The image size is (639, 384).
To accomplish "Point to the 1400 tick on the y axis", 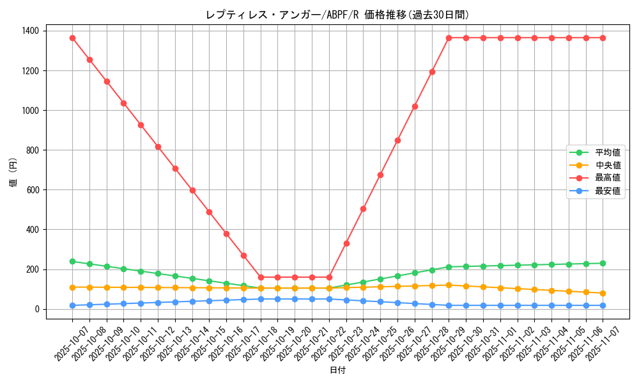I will [29, 31].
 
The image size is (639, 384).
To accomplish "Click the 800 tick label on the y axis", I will [31, 150].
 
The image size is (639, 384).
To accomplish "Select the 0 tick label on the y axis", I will [36, 309].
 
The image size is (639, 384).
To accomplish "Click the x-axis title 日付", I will [337, 371].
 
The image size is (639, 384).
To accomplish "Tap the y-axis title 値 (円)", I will [13, 173].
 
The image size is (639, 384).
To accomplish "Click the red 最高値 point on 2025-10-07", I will [72, 38].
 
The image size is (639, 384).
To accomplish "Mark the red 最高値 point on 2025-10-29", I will [449, 38].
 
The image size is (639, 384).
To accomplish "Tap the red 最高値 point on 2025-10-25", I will [380, 175].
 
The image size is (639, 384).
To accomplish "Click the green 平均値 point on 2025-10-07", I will [72, 261].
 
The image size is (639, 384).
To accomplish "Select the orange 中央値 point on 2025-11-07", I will [603, 293].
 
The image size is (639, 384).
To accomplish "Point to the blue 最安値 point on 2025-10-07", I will [72, 305].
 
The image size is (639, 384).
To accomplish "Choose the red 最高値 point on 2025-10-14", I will [192, 190].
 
